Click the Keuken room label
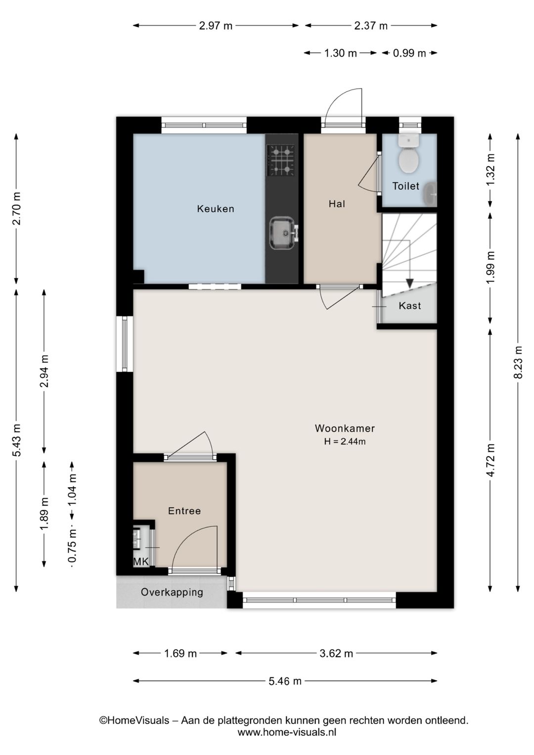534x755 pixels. pyautogui.click(x=216, y=209)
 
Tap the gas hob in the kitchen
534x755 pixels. pyautogui.click(x=281, y=160)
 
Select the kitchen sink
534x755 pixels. pyautogui.click(x=282, y=233)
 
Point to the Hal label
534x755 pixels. pyautogui.click(x=337, y=203)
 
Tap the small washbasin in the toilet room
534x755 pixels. pyautogui.click(x=430, y=194)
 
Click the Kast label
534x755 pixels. pyautogui.click(x=410, y=305)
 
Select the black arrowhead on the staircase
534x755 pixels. pyautogui.click(x=409, y=283)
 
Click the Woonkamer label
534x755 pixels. pyautogui.click(x=345, y=428)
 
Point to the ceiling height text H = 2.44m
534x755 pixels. pyautogui.click(x=345, y=441)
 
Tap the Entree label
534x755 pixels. pyautogui.click(x=184, y=511)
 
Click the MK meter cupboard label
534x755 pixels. pyautogui.click(x=141, y=562)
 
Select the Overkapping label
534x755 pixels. pyautogui.click(x=172, y=592)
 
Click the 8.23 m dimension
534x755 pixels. pyautogui.click(x=518, y=362)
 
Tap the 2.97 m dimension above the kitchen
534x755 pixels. pyautogui.click(x=216, y=26)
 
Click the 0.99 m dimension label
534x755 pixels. pyautogui.click(x=409, y=53)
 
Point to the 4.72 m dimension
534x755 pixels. pyautogui.click(x=490, y=460)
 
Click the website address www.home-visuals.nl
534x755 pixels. pyautogui.click(x=287, y=732)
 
